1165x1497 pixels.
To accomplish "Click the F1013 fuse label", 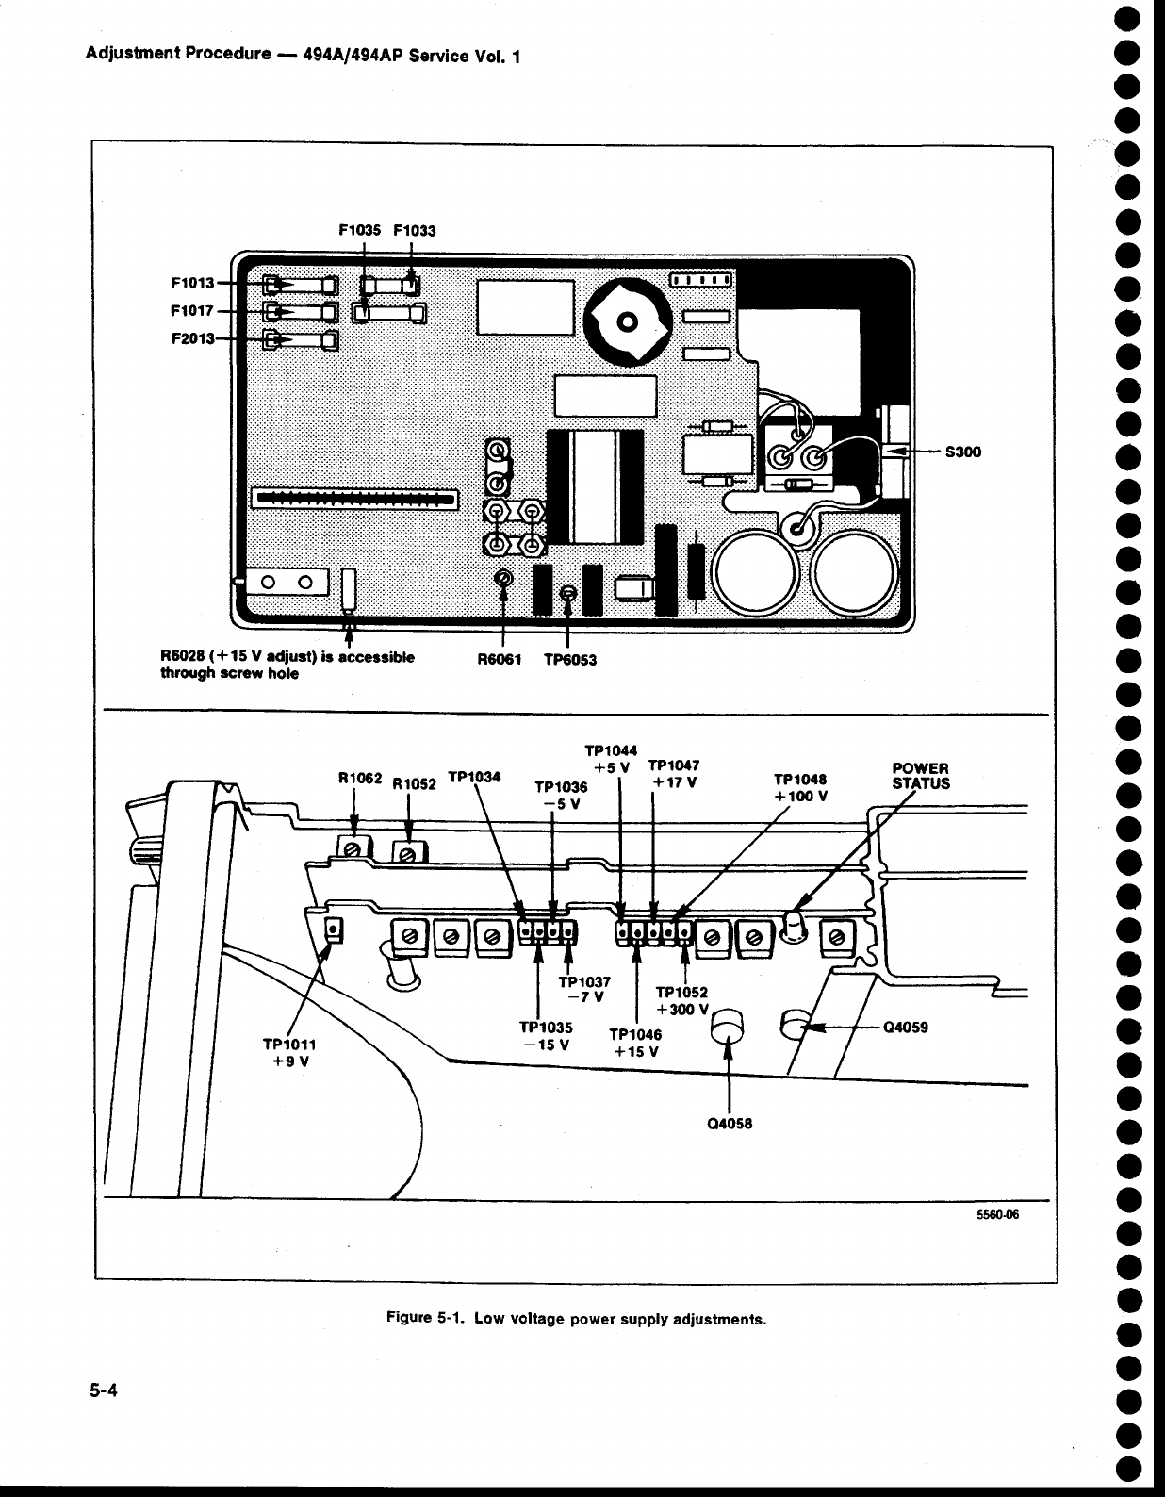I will [192, 283].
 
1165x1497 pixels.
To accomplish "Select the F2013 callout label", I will [192, 338].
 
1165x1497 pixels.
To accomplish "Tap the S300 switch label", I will [962, 452].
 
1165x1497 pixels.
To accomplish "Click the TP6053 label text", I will [570, 660].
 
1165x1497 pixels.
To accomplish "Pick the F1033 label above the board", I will [415, 230].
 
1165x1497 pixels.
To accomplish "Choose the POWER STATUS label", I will [921, 776].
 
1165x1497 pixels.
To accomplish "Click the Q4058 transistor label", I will [730, 1124].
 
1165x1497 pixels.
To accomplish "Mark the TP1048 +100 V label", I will [800, 787].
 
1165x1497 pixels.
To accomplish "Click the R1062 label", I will [360, 779].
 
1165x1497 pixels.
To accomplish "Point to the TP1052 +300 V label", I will [681, 1000].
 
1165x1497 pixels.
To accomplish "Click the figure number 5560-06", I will [998, 1215].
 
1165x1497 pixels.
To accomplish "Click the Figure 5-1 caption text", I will [577, 1319].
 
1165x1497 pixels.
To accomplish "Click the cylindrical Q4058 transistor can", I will [730, 1026].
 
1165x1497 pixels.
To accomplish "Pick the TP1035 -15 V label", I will [546, 1036].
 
